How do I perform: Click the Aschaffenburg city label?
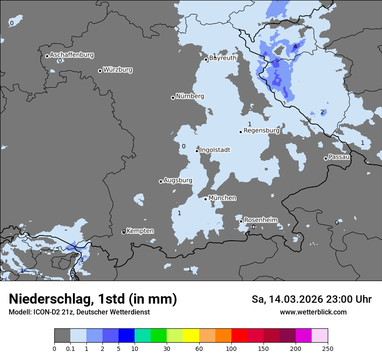72,55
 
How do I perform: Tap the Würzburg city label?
118,70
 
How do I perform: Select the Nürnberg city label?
190,96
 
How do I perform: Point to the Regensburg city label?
261,130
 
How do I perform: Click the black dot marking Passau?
326,158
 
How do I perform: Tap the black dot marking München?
205,199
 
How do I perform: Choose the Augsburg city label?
178,180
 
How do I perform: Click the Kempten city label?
140,231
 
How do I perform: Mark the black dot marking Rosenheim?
241,221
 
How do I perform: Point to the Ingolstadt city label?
215,150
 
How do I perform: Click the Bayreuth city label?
223,58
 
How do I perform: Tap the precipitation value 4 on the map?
295,46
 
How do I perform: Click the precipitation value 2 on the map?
322,112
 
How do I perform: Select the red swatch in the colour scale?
239,336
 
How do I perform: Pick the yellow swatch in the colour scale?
191,336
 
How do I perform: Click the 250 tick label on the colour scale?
328,348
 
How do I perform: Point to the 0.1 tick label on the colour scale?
70,348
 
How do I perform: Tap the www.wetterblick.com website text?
313,312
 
